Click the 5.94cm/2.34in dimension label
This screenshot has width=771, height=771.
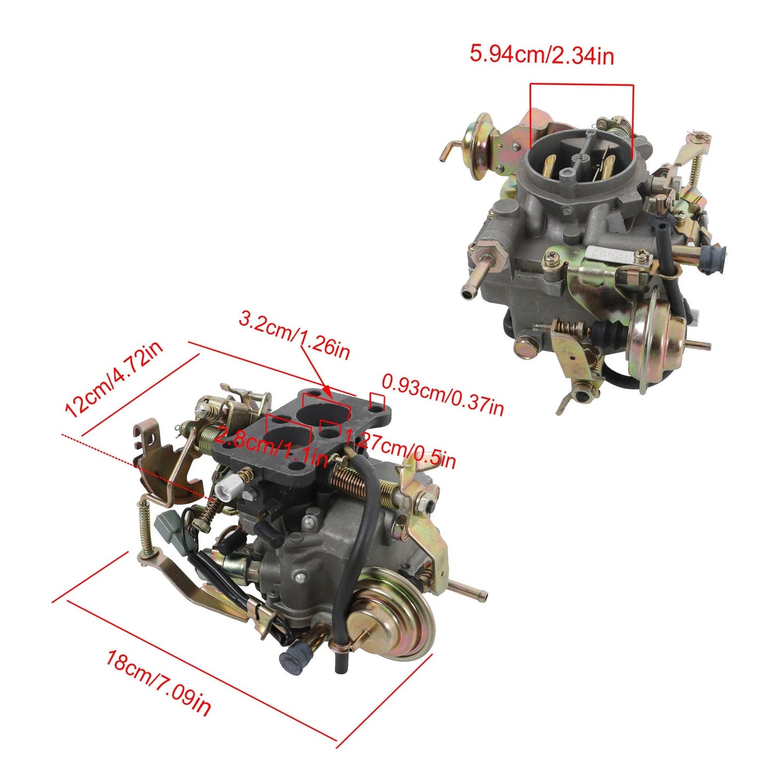[541, 54]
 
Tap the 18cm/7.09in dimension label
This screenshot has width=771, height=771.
[158, 681]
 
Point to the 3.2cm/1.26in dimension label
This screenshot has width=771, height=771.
[294, 336]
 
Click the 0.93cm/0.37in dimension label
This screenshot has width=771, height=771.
[442, 395]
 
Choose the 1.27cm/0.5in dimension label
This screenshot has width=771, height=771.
[400, 449]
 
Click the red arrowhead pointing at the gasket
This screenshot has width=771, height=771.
[327, 393]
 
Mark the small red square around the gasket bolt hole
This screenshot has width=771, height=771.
[377, 402]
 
